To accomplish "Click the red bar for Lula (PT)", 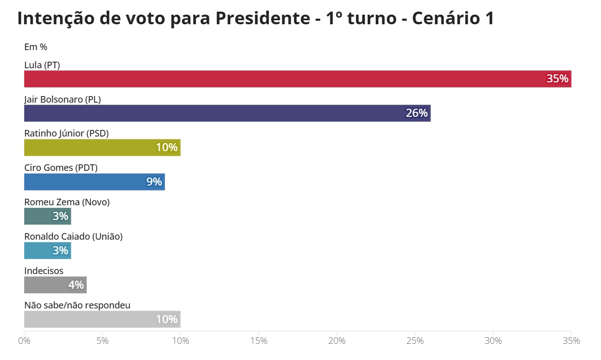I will pos(297,79).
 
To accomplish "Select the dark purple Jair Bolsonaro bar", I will pos(227,113).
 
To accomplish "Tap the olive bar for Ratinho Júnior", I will pos(102,148).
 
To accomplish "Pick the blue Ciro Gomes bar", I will pos(95,182).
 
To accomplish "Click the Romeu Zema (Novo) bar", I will pos(48,216).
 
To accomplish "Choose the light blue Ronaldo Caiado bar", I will pos(48,251).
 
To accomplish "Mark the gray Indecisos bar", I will pos(55,285).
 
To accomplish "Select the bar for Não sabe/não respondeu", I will pos(102,320).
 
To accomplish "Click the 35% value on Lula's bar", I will pos(557,79).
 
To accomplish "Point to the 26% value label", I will pos(417,113).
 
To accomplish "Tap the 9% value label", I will pos(154,182).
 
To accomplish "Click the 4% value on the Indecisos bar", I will pos(76,285).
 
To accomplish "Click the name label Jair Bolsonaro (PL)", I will pos(63,100).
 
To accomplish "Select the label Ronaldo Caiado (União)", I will pos(73,236).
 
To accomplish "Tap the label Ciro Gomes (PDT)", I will pos(61,168).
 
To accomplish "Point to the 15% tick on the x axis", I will pos(259,341).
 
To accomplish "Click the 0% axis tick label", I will pos(24,341).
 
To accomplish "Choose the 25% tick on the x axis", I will pos(415,341).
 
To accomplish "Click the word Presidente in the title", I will pos(262,18).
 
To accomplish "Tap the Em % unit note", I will pos(35,47).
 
